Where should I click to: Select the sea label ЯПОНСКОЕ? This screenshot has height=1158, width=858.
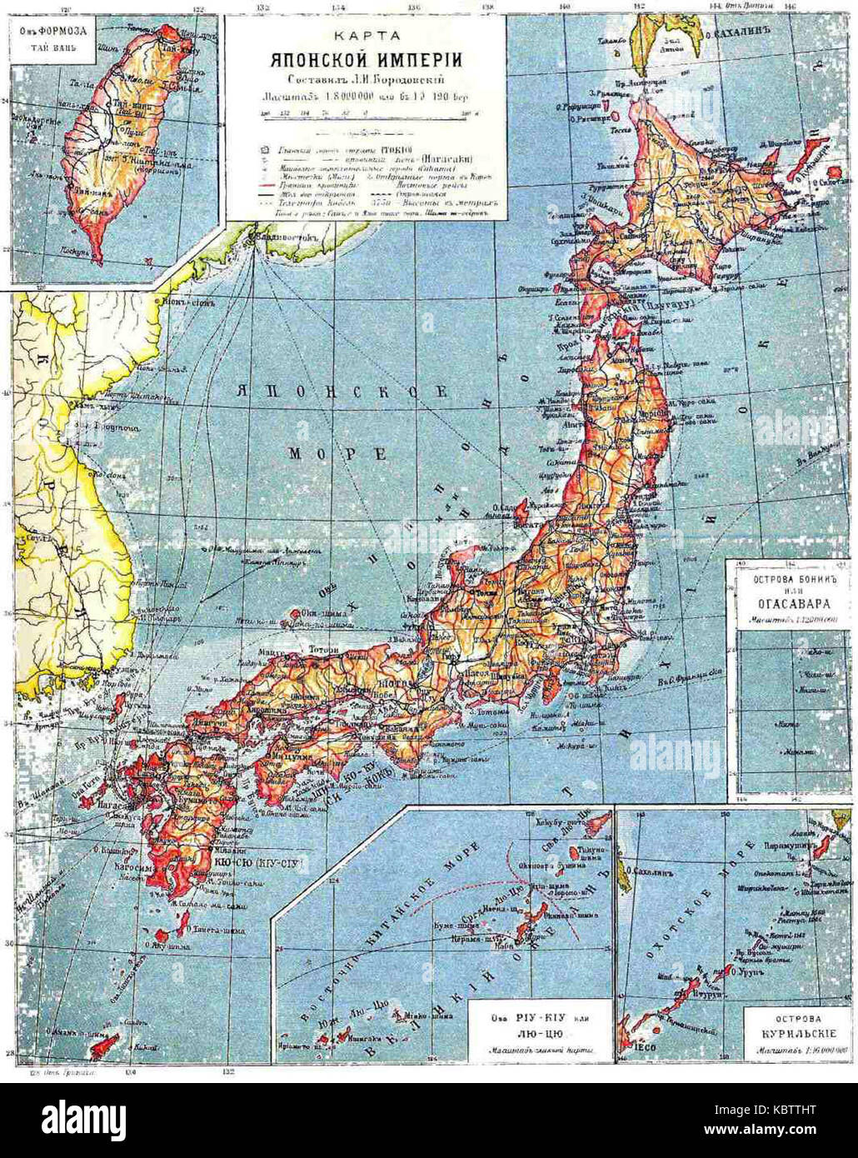point(342,391)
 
